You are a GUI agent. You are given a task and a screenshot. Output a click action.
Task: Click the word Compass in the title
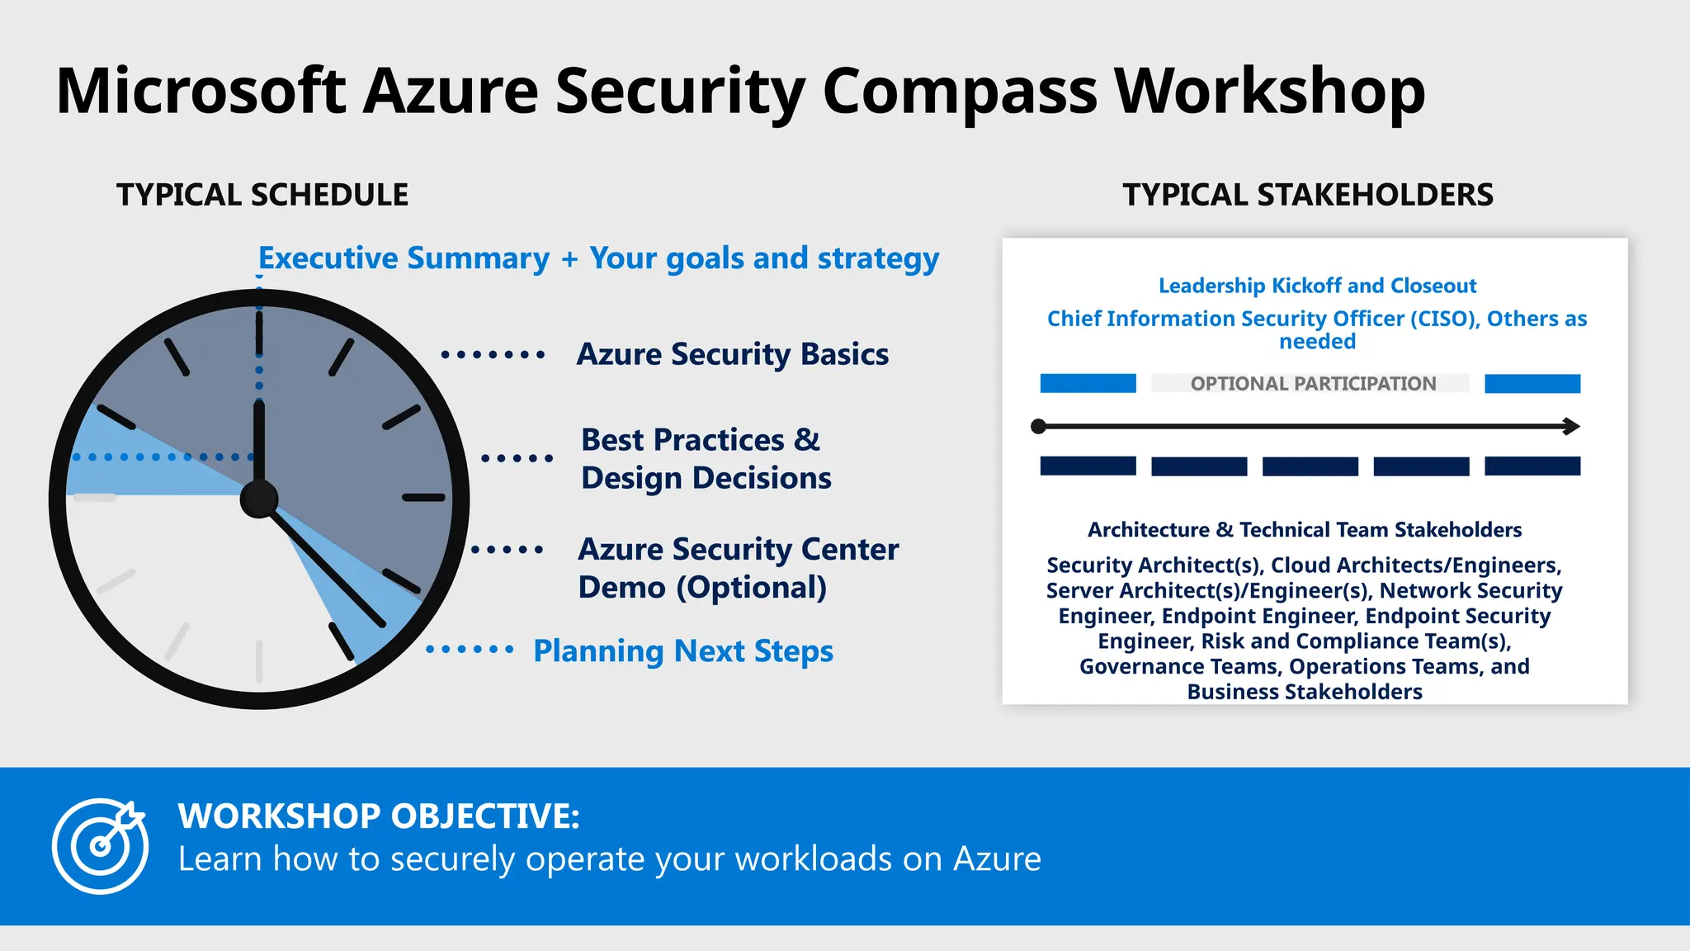pyautogui.click(x=960, y=92)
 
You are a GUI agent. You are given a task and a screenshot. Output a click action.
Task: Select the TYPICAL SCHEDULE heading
pyautogui.click(x=262, y=196)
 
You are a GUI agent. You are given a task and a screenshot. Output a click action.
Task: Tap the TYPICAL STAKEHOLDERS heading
pyautogui.click(x=1307, y=196)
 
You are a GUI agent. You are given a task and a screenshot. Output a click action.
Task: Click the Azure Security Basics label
pyautogui.click(x=732, y=354)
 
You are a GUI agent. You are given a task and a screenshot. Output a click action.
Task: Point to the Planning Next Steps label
pyautogui.click(x=682, y=651)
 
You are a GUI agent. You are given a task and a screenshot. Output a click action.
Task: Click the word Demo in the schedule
pyautogui.click(x=621, y=588)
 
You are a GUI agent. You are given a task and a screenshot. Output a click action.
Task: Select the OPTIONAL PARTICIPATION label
pyautogui.click(x=1312, y=384)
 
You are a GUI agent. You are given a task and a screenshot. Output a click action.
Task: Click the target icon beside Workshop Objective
pyautogui.click(x=100, y=845)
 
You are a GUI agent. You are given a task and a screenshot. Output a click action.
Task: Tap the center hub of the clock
pyautogui.click(x=259, y=499)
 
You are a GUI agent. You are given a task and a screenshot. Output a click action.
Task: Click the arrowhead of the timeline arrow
pyautogui.click(x=1571, y=427)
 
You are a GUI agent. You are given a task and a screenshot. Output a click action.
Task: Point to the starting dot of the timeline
pyautogui.click(x=1039, y=427)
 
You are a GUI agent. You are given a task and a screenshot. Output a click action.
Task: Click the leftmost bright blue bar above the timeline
pyautogui.click(x=1088, y=384)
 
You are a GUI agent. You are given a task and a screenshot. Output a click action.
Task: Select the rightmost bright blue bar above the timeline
pyautogui.click(x=1532, y=384)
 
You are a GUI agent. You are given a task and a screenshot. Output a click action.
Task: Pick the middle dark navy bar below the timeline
pyautogui.click(x=1310, y=466)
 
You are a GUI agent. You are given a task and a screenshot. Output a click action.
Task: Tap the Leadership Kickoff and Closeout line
pyautogui.click(x=1317, y=286)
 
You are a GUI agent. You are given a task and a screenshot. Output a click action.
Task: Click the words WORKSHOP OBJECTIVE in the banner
pyautogui.click(x=379, y=816)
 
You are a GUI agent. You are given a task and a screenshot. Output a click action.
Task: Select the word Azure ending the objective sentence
pyautogui.click(x=997, y=859)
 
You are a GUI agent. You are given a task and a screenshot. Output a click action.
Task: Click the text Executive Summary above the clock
pyautogui.click(x=404, y=258)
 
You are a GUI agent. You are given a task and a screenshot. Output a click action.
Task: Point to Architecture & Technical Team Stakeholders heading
pyautogui.click(x=1304, y=530)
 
